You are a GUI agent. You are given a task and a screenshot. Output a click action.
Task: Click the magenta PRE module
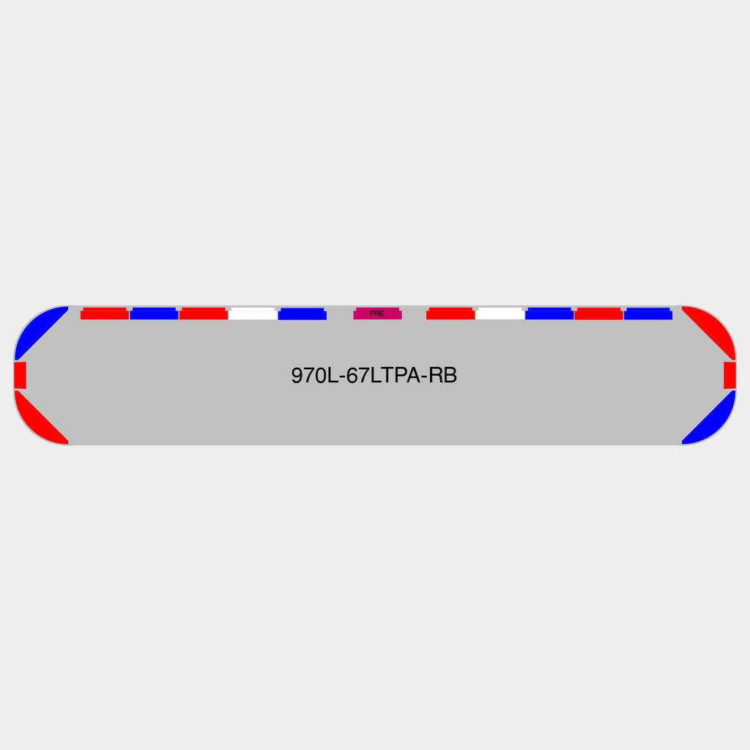tap(377, 313)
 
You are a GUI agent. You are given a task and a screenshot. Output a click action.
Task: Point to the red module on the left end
tap(20, 376)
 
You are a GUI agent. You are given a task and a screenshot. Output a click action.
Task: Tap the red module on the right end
tap(729, 376)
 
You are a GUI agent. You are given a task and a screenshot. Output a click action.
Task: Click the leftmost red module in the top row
tap(105, 313)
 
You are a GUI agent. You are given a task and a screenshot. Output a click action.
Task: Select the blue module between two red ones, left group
tap(154, 313)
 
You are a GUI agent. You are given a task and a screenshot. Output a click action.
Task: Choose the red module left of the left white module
tap(204, 313)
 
